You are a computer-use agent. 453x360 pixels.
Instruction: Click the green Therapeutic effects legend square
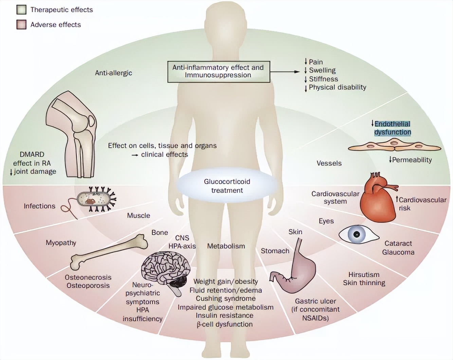(21, 10)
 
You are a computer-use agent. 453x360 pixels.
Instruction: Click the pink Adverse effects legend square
(21, 24)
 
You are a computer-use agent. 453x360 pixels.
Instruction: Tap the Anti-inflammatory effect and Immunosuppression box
(218, 71)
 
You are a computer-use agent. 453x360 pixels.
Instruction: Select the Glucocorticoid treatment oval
(227, 186)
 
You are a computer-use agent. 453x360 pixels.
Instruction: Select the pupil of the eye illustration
(357, 234)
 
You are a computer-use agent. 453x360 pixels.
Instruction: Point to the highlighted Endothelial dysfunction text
(392, 128)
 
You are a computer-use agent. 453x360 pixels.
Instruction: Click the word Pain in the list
(315, 62)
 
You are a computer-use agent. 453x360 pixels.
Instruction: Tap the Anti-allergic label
(113, 73)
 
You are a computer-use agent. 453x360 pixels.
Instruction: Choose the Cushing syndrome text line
(225, 299)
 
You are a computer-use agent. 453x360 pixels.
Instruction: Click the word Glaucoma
(398, 252)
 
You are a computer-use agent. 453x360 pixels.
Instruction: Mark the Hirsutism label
(364, 274)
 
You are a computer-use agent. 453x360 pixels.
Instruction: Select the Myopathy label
(61, 242)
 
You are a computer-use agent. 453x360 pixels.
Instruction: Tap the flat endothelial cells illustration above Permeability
(394, 146)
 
